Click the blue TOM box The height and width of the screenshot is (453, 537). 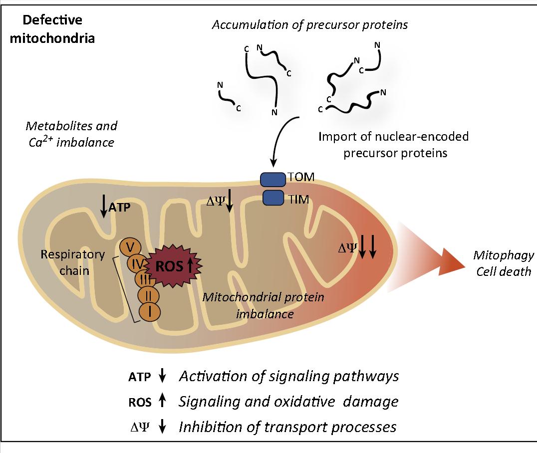point(272,180)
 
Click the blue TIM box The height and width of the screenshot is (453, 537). point(272,198)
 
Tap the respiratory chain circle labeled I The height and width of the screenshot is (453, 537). point(149,312)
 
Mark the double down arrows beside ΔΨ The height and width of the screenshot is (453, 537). point(368,247)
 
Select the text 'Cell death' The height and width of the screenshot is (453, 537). point(503,272)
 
